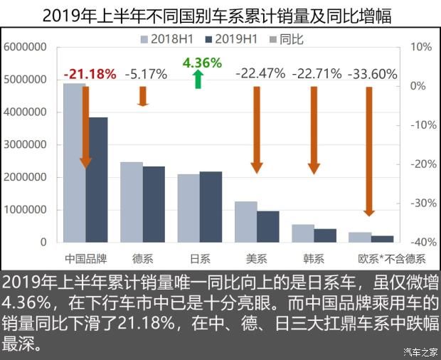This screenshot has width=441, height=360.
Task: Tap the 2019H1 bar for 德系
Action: (154, 204)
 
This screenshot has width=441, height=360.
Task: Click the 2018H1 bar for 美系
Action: (245, 221)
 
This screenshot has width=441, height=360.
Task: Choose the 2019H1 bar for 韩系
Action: (325, 235)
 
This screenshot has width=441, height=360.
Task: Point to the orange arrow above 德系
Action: (142, 96)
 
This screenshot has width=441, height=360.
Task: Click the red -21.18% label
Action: (90, 73)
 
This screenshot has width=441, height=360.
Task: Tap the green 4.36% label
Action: (202, 63)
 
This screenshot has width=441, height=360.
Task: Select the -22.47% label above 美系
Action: (260, 73)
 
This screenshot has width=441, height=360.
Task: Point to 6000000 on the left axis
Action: (25, 47)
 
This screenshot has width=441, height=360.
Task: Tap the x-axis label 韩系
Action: (313, 257)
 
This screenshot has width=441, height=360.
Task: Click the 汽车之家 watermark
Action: (417, 351)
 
